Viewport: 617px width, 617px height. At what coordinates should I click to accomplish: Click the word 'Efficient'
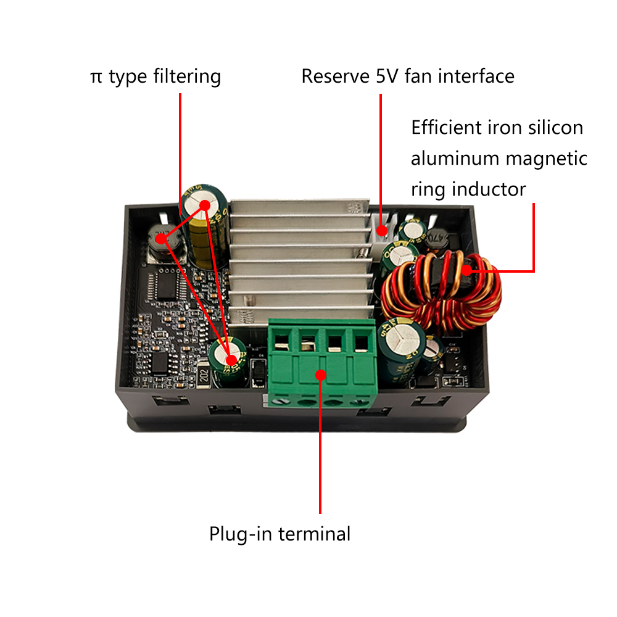click(445, 128)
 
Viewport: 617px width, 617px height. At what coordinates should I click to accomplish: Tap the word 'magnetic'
click(546, 159)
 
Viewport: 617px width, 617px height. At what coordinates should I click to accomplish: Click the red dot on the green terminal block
click(320, 375)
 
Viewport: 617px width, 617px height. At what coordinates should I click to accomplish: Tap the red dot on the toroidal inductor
click(467, 269)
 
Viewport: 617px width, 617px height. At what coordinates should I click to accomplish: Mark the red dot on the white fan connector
click(382, 230)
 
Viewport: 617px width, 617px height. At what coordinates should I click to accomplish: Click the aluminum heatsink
click(299, 259)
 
